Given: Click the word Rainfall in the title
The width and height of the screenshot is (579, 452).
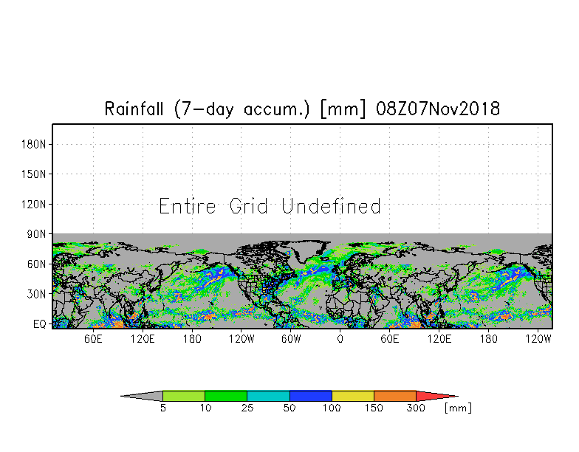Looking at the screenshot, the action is click(134, 109).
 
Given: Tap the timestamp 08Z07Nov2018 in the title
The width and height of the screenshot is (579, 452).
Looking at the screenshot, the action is click(438, 109).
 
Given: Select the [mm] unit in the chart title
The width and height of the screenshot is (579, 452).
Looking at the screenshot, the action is click(343, 109).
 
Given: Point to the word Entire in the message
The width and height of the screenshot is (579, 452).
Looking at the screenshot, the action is click(188, 206).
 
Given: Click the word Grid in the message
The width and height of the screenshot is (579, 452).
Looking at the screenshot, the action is click(248, 206).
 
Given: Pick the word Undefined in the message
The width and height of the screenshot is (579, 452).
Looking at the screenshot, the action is click(331, 206).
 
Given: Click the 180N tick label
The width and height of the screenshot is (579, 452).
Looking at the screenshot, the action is click(34, 145).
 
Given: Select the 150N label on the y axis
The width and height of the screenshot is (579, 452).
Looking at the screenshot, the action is click(34, 174).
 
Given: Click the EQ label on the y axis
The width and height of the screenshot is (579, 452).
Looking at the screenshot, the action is click(40, 324).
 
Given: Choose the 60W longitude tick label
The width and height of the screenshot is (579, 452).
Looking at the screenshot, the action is click(291, 339).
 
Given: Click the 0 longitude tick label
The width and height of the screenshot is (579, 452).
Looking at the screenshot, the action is click(340, 339).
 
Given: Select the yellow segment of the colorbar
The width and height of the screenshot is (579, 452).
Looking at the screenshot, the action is click(353, 396).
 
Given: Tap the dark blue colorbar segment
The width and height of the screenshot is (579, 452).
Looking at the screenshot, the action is click(311, 396).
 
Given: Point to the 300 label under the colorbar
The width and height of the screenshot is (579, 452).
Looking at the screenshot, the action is click(417, 408).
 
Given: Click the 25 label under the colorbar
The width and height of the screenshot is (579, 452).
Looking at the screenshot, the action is click(247, 408).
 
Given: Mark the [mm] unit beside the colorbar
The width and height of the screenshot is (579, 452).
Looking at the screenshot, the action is click(458, 408).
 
